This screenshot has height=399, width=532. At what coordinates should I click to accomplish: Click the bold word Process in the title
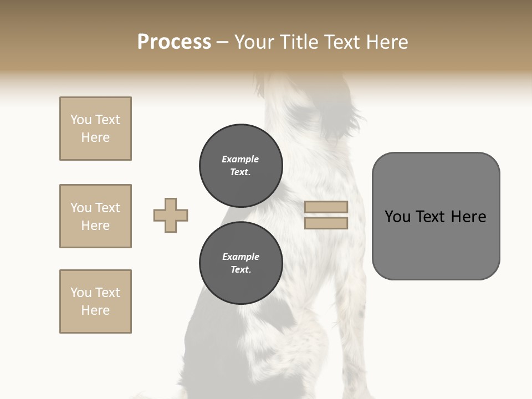(174, 42)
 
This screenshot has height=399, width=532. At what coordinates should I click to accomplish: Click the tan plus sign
(171, 215)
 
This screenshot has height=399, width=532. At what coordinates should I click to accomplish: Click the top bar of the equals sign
(326, 207)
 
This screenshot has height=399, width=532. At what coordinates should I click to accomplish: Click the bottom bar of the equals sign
(326, 223)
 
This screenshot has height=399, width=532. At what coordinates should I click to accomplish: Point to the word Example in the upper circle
(241, 159)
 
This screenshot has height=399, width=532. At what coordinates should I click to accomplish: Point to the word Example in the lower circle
(241, 257)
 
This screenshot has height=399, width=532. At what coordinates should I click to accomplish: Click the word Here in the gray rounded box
(468, 217)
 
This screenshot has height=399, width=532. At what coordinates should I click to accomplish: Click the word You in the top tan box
(81, 120)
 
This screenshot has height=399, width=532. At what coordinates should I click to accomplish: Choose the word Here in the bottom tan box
(95, 310)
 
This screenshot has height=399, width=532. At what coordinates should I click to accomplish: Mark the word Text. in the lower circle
(241, 269)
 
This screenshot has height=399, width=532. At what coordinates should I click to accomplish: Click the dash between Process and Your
(222, 42)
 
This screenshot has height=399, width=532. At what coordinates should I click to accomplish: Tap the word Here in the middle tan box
(95, 226)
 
